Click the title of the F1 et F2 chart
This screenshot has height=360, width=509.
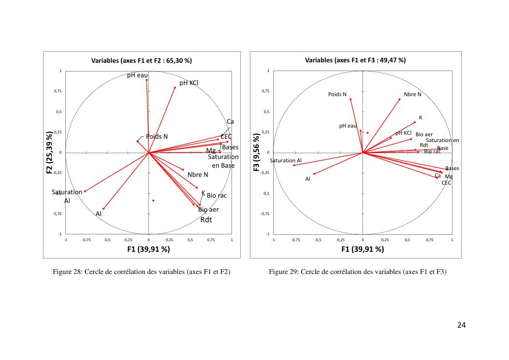click(142, 61)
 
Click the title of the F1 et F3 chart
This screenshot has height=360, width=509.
click(355, 60)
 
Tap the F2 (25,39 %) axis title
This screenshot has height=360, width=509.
click(49, 153)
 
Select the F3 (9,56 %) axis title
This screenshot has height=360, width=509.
click(257, 153)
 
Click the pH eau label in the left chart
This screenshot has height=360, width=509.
click(137, 75)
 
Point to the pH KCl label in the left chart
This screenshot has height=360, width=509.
click(189, 83)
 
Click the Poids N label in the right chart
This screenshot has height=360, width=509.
click(337, 94)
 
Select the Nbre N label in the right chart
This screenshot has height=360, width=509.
click(412, 94)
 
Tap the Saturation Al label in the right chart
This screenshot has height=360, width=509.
click(286, 160)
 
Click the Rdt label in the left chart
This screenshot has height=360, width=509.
click(206, 220)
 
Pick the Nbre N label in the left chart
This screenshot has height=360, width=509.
click(198, 175)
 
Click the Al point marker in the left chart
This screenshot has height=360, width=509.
click(103, 209)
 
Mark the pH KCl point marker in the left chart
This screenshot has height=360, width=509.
click(175, 87)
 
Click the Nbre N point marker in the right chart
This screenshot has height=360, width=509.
click(400, 100)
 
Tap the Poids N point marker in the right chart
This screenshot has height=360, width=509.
click(350, 99)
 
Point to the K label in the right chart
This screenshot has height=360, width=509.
click(421, 117)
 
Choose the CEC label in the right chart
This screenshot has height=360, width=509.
click(446, 183)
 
